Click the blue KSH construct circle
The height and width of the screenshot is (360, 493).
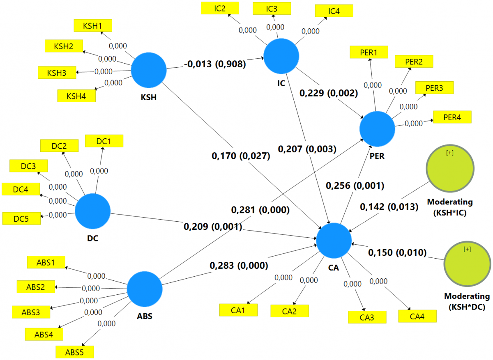click(149, 70)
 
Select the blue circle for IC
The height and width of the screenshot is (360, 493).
click(281, 56)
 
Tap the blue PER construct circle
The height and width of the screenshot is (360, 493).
click(377, 128)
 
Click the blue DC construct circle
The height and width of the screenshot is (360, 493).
click(93, 212)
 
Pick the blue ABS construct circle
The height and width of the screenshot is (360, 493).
click(145, 289)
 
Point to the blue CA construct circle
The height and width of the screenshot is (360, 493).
click(334, 241)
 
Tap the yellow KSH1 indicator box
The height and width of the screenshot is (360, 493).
click(92, 25)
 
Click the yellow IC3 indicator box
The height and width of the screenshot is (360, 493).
click(272, 9)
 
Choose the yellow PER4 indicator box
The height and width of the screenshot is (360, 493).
click(452, 117)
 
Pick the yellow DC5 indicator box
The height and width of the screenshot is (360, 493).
click(21, 218)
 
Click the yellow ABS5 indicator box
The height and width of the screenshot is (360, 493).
click(75, 352)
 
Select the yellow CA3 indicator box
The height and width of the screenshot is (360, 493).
click(367, 317)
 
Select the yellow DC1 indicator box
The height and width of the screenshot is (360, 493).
click(104, 141)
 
